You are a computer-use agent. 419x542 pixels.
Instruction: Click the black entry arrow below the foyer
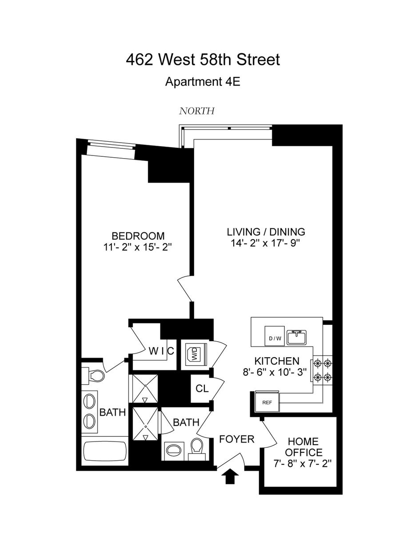pos(230,478)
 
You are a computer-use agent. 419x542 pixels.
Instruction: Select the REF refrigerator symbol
pos(267,402)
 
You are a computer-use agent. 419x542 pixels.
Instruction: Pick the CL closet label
pos(202,388)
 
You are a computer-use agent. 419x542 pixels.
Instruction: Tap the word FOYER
pos(237,439)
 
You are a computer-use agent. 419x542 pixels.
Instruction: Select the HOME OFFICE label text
pos(303,447)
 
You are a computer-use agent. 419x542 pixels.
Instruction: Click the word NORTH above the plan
pos(197,111)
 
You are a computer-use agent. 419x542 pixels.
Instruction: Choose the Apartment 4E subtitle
pos(203,82)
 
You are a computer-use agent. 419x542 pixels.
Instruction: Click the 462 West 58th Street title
pos(203,60)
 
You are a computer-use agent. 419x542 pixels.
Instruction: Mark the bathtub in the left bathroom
pos(105,452)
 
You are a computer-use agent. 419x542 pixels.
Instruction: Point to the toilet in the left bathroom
pos(96,375)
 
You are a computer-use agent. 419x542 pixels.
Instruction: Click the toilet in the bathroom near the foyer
pos(196,446)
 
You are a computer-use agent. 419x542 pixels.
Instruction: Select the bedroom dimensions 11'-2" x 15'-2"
pos(138,247)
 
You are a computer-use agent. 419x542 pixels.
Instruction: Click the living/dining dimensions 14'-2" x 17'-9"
pos(266,243)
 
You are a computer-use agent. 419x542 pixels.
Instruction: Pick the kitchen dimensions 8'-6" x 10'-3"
pos(275,372)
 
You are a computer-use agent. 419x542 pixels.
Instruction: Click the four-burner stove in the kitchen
pos(323,371)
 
